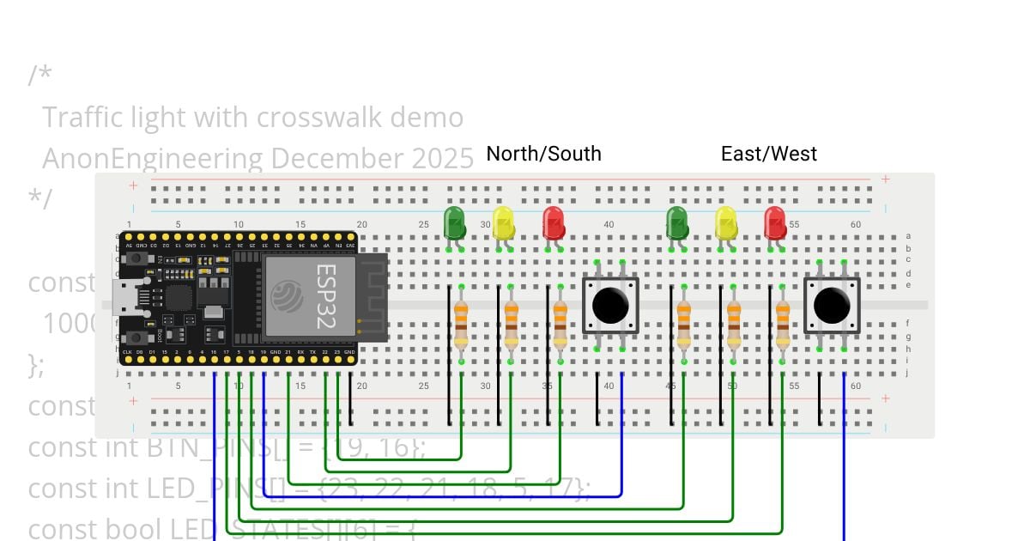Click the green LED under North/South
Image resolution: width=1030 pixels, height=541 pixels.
coord(454,223)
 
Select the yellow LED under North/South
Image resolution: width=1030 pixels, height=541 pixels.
coord(503,223)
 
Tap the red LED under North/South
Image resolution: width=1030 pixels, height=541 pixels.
coord(553,223)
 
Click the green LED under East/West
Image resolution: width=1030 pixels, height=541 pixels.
coord(676,223)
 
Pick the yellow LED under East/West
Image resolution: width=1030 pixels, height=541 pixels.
coord(726,223)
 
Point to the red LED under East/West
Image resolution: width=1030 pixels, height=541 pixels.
coord(775,223)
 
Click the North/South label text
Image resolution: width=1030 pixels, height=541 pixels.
coord(543,154)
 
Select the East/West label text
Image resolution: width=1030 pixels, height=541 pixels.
coord(768,154)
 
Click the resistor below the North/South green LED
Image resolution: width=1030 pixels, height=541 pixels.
coord(461,324)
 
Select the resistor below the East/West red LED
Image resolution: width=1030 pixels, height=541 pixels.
coord(782,324)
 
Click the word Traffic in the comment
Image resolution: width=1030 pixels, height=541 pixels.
coord(82,117)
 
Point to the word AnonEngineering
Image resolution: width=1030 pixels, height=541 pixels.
coord(153,158)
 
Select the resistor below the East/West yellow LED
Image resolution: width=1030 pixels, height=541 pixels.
coord(733,324)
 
